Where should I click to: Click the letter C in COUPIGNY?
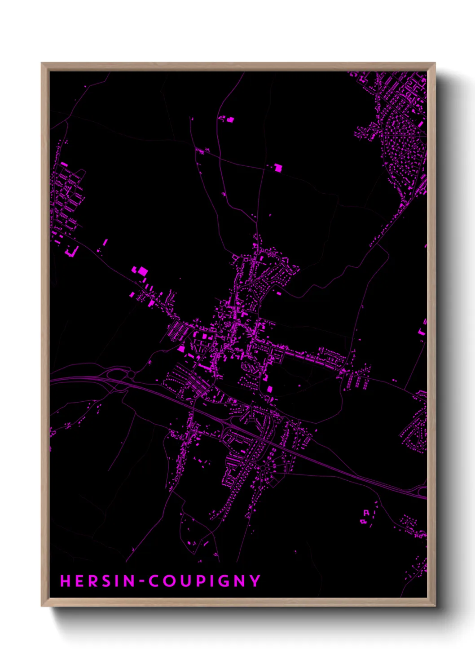pos(154,581)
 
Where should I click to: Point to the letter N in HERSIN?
pos(129,581)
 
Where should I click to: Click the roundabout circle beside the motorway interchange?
pos(131,374)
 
